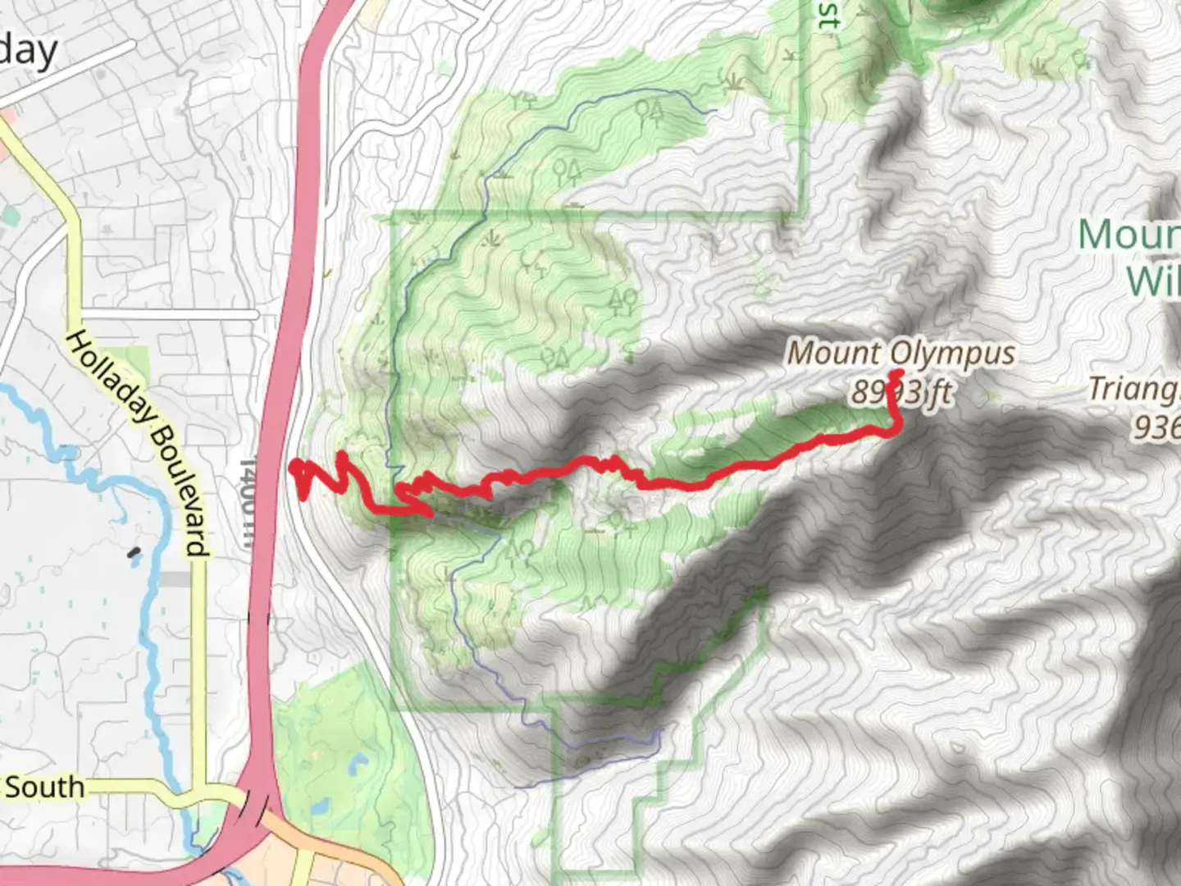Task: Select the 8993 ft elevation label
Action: pyautogui.click(x=901, y=393)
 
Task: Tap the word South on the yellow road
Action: pyautogui.click(x=44, y=788)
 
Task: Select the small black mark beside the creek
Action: pyautogui.click(x=133, y=554)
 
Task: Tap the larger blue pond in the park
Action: pyautogui.click(x=358, y=765)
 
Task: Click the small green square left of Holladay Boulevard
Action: pyautogui.click(x=9, y=218)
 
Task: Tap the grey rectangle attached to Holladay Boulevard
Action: pyautogui.click(x=175, y=579)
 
